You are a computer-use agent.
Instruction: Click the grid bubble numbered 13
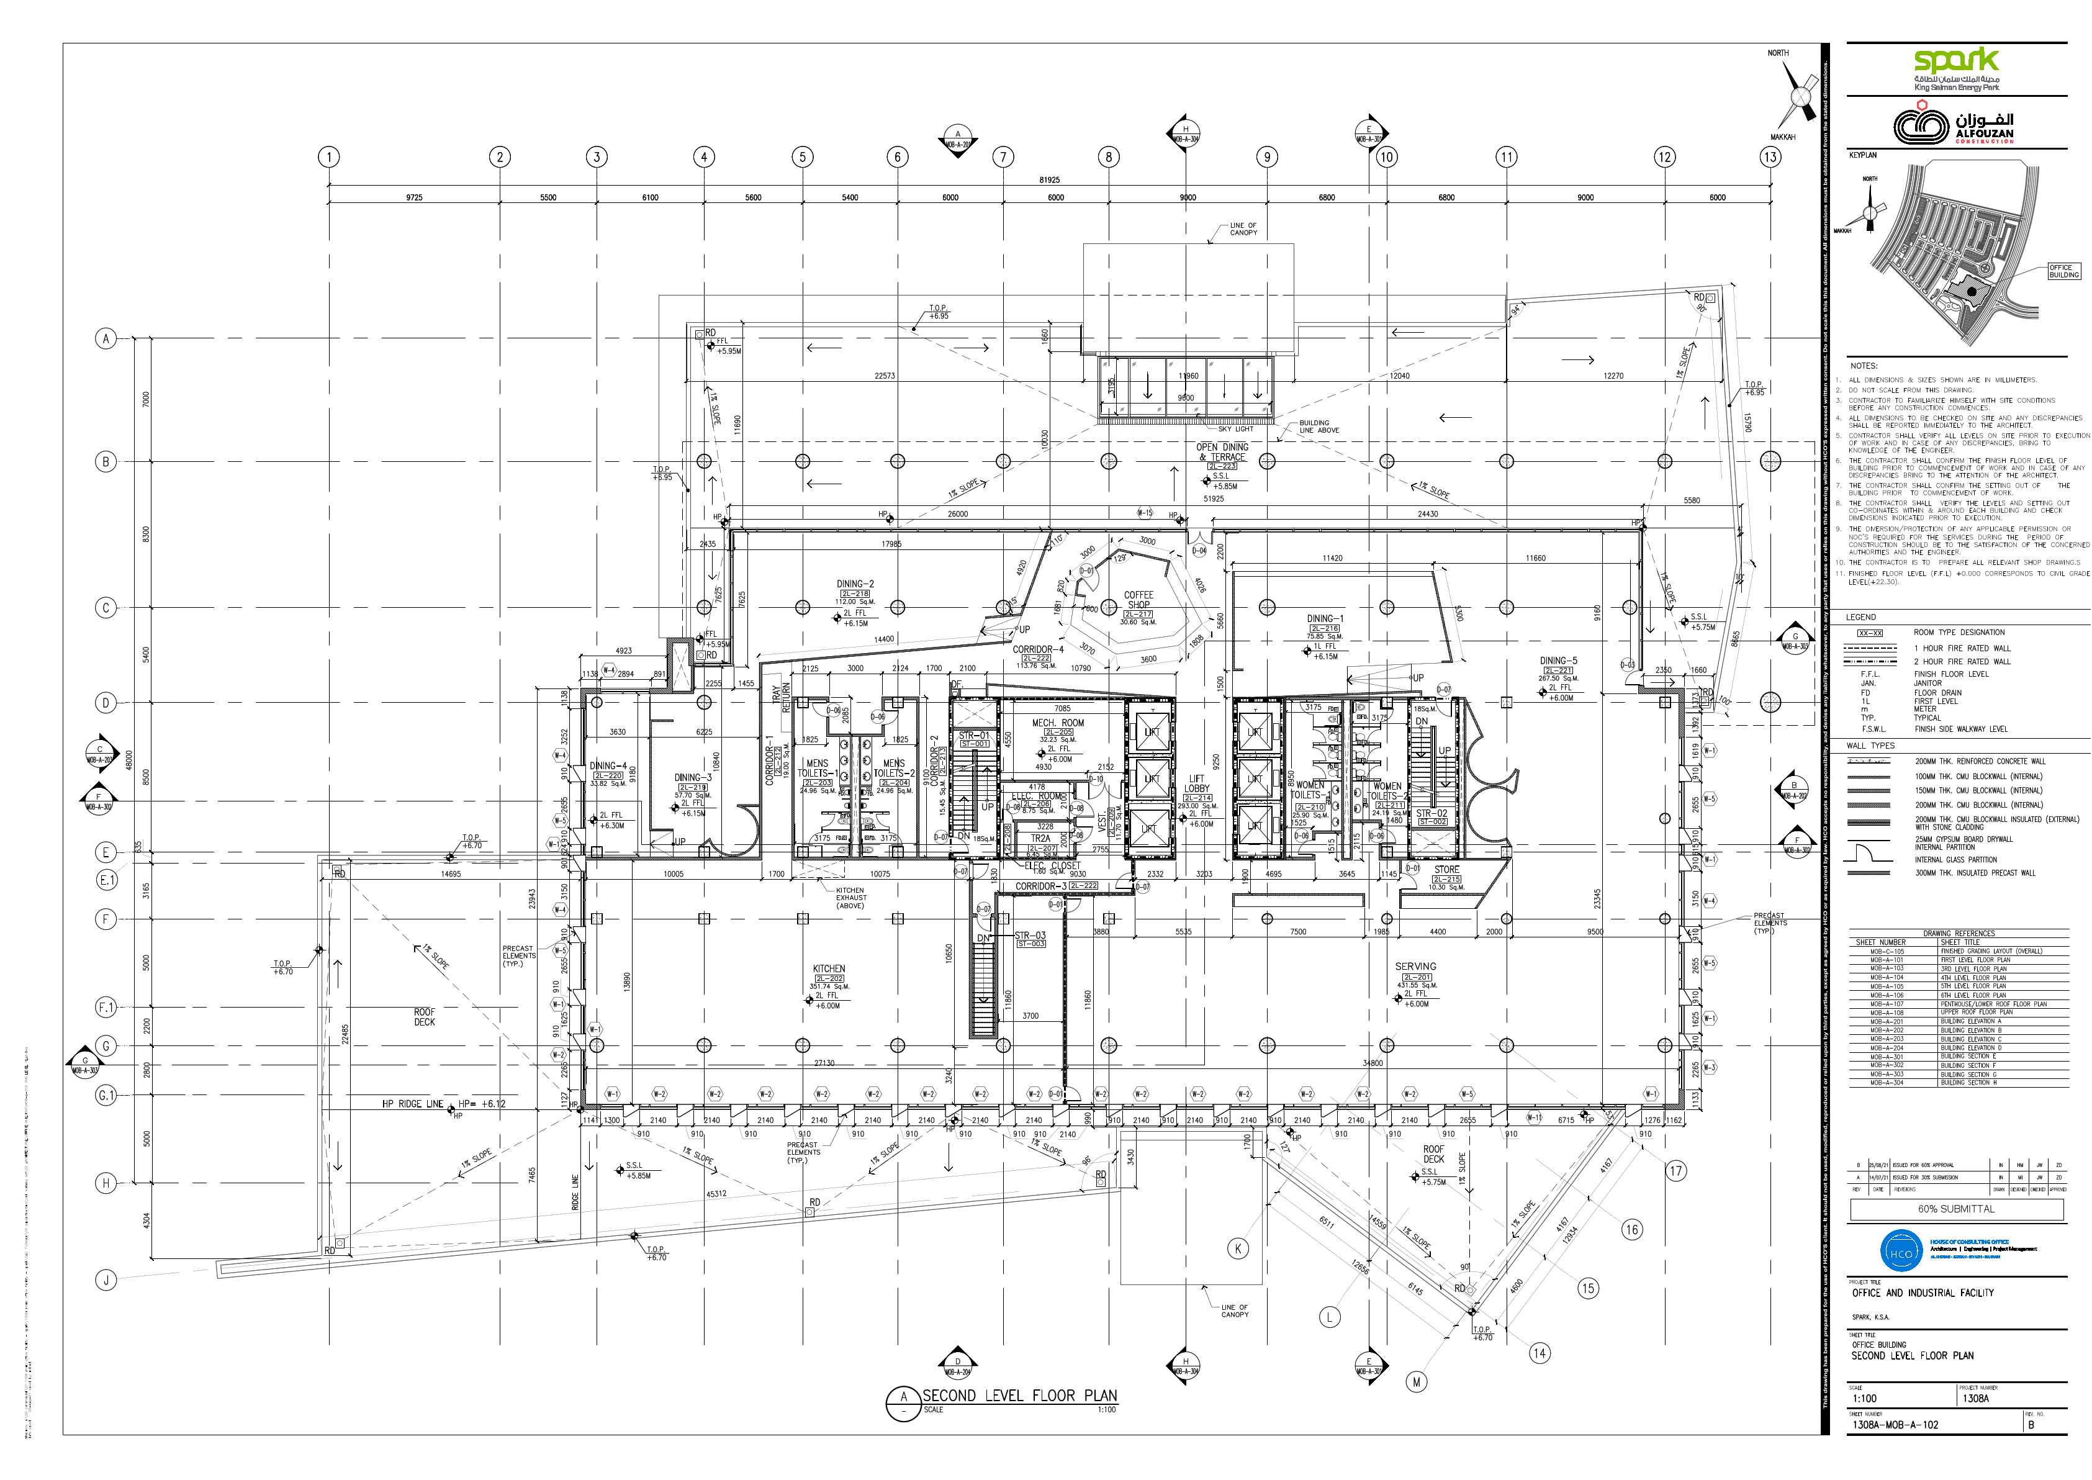(1769, 156)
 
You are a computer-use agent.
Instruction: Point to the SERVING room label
(1415, 966)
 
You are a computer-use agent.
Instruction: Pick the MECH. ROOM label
(1058, 723)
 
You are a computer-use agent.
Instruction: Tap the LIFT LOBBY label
(1196, 783)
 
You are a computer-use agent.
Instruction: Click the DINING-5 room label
(1558, 661)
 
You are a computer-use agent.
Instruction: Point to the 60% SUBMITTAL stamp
(1956, 1209)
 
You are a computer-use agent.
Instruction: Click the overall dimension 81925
(1050, 181)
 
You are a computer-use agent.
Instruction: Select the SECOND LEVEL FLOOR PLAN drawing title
(1019, 1395)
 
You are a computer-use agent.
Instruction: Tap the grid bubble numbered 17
(1675, 1171)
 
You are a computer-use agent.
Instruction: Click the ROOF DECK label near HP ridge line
(425, 1017)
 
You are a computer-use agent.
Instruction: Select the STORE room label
(1446, 869)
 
